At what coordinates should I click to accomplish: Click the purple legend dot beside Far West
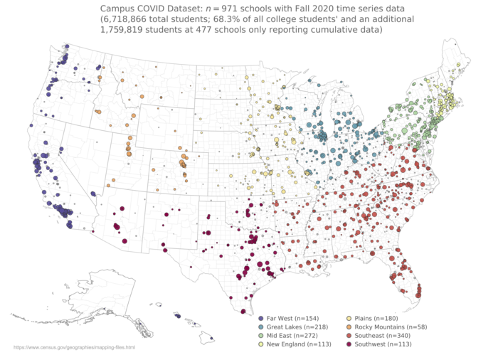(x=261, y=317)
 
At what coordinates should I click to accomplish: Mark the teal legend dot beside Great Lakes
(x=261, y=326)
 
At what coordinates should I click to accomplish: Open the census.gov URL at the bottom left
(x=74, y=347)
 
